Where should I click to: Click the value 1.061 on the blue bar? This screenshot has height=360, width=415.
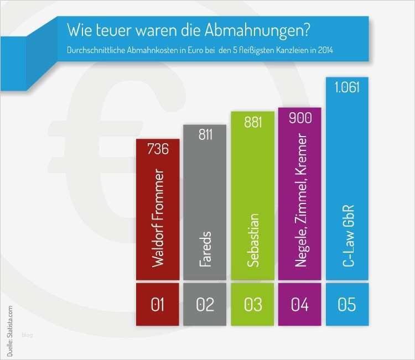click(347, 87)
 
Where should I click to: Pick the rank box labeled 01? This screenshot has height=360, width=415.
click(158, 304)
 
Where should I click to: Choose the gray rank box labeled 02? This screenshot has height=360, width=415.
click(205, 304)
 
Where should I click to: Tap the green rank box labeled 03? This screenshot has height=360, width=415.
click(252, 304)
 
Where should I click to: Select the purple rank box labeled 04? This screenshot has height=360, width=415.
click(300, 304)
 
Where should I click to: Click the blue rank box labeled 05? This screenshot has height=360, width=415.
click(347, 304)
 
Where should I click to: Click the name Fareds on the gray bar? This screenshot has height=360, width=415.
click(205, 248)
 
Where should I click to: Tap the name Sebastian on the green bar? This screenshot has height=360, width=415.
click(253, 240)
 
